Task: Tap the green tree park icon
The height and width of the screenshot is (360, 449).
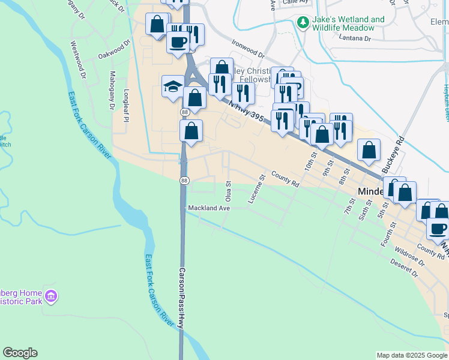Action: coord(303,23)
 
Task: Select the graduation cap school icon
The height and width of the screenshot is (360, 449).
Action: coord(172,85)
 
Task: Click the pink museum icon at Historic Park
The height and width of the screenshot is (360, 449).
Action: coord(51,296)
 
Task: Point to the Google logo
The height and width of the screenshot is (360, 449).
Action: coord(20,353)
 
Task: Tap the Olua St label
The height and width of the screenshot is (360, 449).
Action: coord(228,190)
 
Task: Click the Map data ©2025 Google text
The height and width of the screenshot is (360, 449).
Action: coord(411,355)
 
